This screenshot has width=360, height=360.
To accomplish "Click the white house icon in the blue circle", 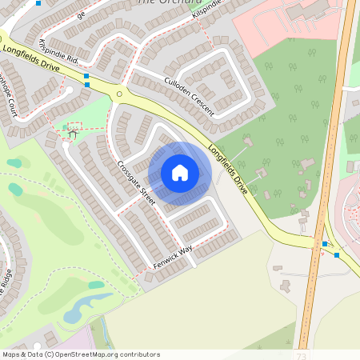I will click(x=180, y=173).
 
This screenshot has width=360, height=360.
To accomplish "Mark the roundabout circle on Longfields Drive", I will click(x=119, y=94).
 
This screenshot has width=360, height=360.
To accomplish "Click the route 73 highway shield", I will click(x=301, y=354).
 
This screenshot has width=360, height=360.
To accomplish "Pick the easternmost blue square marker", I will click(x=337, y=255).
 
